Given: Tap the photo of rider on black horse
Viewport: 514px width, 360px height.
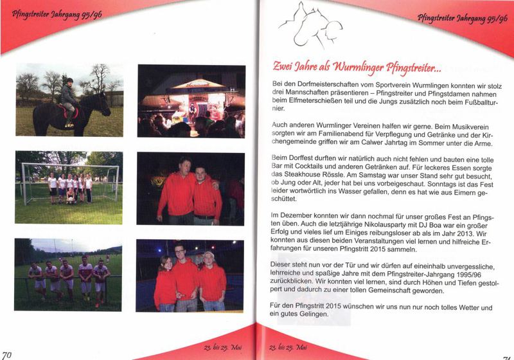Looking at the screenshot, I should click(x=69, y=99).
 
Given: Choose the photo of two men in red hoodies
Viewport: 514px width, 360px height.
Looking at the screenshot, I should click(x=191, y=188).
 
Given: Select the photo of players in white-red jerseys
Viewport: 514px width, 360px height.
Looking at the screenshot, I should click(x=69, y=274).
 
